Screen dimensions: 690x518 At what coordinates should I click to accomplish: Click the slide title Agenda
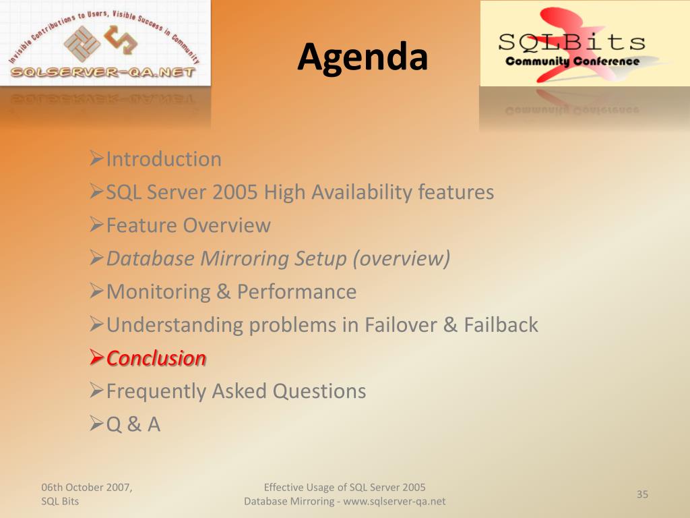pyautogui.click(x=363, y=57)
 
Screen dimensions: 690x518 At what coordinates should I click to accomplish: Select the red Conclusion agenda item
pyautogui.click(x=156, y=358)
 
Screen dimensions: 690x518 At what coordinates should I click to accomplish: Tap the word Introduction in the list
pyautogui.click(x=164, y=159)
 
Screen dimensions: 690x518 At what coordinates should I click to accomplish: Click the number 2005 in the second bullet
pyautogui.click(x=234, y=192)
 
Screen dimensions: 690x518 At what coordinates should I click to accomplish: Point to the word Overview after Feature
pyautogui.click(x=226, y=225)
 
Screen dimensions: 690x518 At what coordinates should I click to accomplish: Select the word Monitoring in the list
pyautogui.click(x=158, y=292)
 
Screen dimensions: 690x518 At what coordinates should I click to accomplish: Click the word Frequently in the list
pyautogui.click(x=156, y=392)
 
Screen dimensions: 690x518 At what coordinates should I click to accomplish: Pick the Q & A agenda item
pyautogui.click(x=133, y=424)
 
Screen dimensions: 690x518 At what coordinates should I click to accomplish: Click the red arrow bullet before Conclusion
pyautogui.click(x=96, y=357)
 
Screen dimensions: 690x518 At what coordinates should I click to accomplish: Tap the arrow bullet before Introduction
pyautogui.click(x=96, y=158)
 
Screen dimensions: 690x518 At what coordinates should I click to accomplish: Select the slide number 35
pyautogui.click(x=642, y=494)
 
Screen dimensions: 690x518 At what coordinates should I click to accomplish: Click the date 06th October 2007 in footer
pyautogui.click(x=87, y=487)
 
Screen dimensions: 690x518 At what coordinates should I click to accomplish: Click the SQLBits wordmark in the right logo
pyautogui.click(x=571, y=42)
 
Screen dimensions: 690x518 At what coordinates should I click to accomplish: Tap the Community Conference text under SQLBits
pyautogui.click(x=573, y=61)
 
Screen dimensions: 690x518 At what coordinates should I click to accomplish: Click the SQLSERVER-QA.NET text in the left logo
pyautogui.click(x=103, y=72)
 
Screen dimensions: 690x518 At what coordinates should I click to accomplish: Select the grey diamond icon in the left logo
pyautogui.click(x=82, y=43)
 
